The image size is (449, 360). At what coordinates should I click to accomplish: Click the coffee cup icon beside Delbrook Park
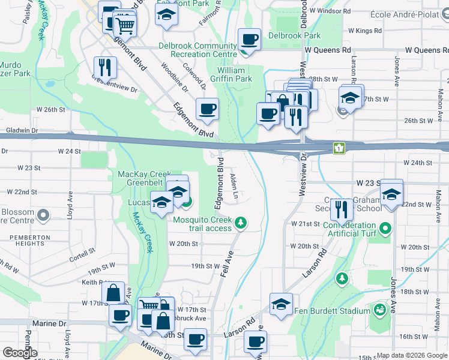click(249, 40)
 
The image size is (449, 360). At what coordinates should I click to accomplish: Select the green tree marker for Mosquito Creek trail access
click(241, 224)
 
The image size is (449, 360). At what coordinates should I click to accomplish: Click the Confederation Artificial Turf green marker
click(385, 229)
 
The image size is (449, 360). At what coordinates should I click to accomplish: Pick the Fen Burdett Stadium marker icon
click(379, 310)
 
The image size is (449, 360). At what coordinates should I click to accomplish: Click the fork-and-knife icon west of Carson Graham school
click(341, 209)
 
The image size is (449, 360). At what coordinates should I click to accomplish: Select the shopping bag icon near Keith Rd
click(113, 293)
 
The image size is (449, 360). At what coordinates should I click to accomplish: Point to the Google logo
click(19, 353)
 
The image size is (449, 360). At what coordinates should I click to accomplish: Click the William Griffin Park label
click(235, 74)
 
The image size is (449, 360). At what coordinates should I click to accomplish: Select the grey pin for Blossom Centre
click(43, 214)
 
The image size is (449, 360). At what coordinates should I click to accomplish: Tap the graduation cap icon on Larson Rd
click(280, 304)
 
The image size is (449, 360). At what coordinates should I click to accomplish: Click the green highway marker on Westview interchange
click(339, 147)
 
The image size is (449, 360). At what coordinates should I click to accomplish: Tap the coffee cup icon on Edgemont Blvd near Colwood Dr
click(207, 109)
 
